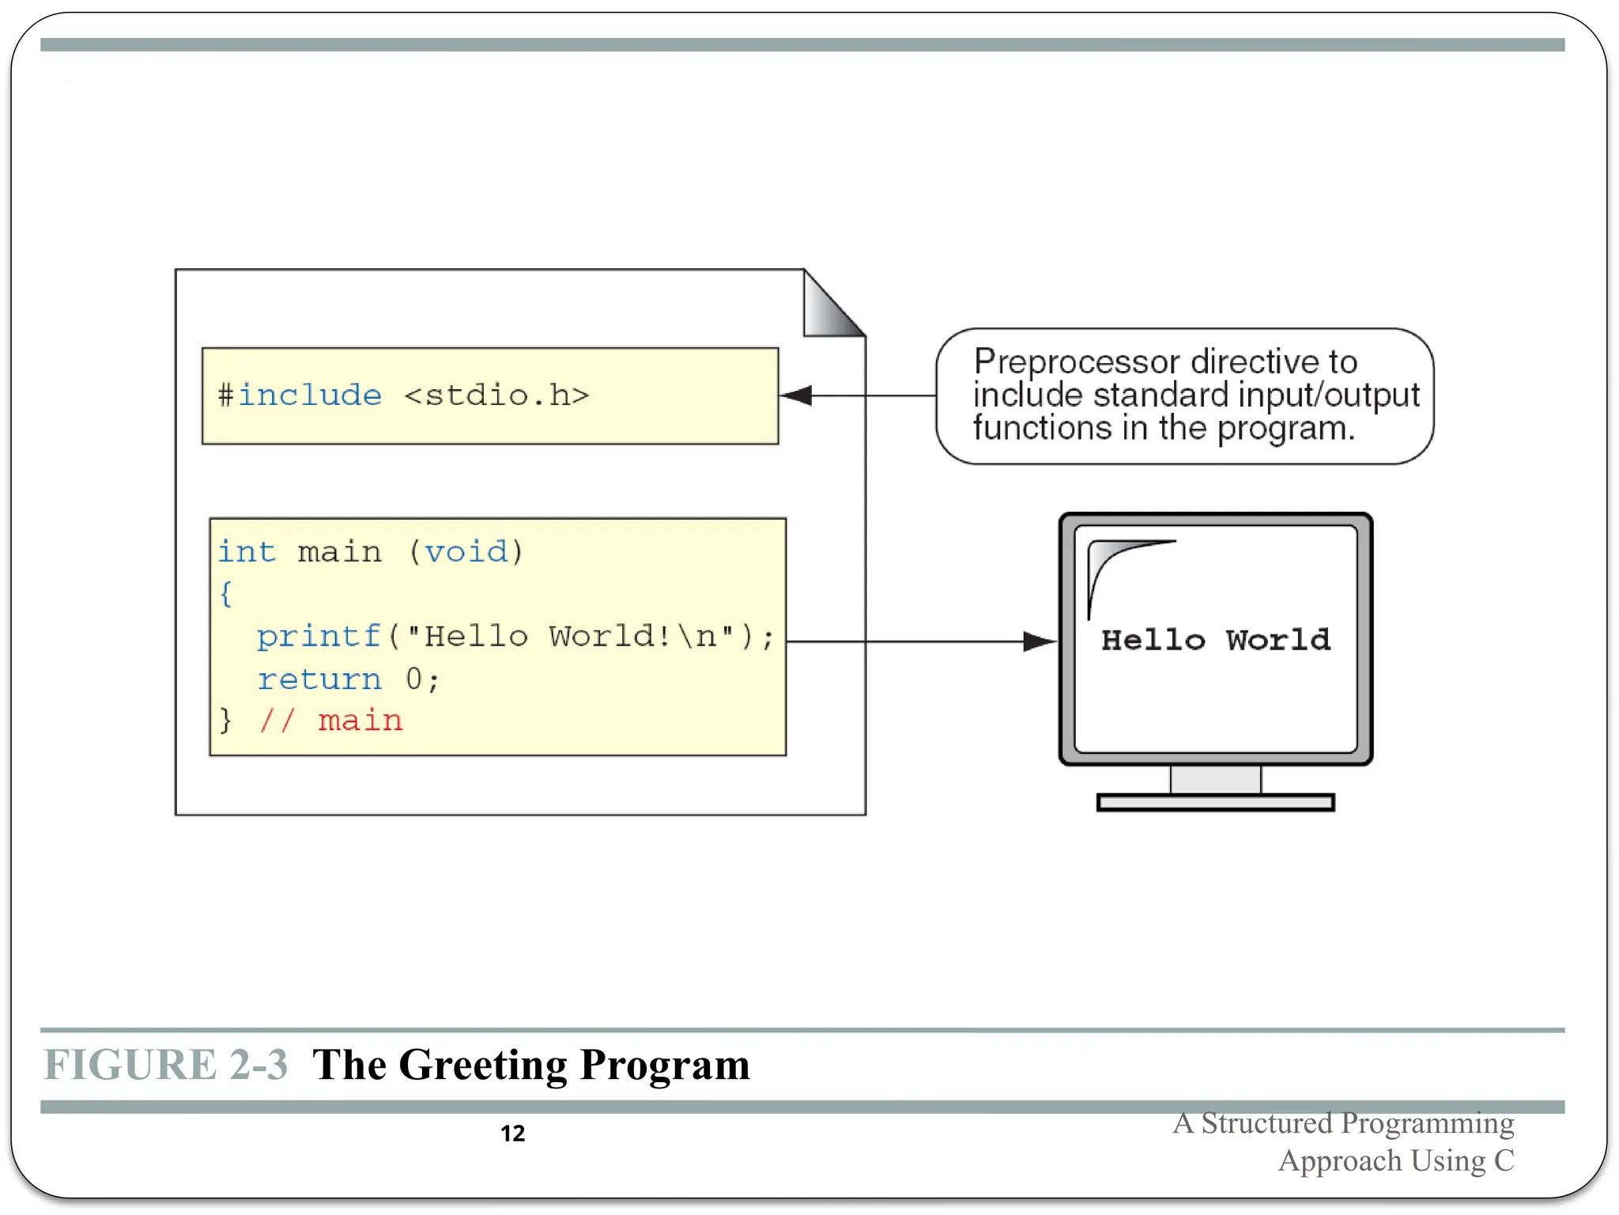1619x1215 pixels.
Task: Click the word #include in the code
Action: [x=300, y=395]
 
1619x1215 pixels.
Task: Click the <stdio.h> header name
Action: [x=496, y=395]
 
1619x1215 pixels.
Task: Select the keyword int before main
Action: [x=247, y=551]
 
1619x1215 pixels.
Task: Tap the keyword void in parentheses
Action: [x=466, y=551]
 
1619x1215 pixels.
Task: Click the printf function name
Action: [x=319, y=637]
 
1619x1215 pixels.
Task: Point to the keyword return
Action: [x=319, y=679]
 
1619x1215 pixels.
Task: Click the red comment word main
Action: [x=360, y=721]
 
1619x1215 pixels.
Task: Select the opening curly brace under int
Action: [x=226, y=593]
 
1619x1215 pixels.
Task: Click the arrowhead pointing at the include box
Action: [x=796, y=396]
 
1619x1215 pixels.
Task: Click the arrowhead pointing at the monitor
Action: [x=1039, y=642]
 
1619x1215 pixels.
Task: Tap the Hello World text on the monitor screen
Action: [x=1216, y=640]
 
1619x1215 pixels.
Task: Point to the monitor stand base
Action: [x=1216, y=803]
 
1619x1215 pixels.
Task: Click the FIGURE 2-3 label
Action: [x=166, y=1065]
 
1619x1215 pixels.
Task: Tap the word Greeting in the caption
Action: [x=483, y=1065]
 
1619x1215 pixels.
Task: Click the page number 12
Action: [x=513, y=1134]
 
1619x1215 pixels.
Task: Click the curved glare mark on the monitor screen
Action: [x=1115, y=566]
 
